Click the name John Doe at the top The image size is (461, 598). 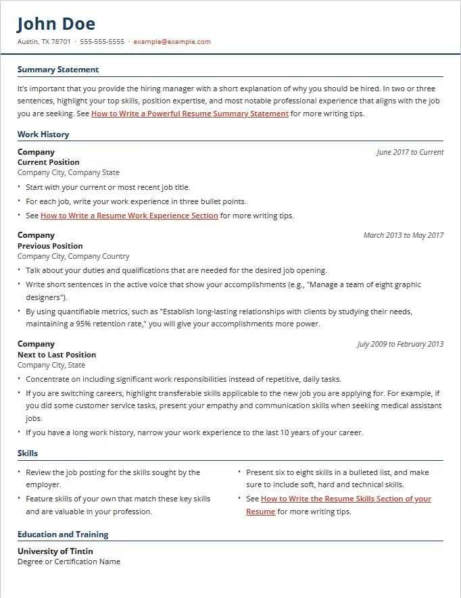pyautogui.click(x=56, y=24)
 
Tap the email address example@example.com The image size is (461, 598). pyautogui.click(x=172, y=41)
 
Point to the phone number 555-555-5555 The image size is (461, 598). pyautogui.click(x=102, y=41)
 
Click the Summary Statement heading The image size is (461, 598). pyautogui.click(x=58, y=70)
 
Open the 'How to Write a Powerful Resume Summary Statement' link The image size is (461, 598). pyautogui.click(x=190, y=114)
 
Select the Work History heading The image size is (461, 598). pyautogui.click(x=43, y=134)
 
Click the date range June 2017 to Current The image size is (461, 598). pyautogui.click(x=410, y=152)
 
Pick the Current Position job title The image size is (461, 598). pyautogui.click(x=49, y=162)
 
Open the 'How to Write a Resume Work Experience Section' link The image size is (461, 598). pyautogui.click(x=129, y=216)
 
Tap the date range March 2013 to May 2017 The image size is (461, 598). pyautogui.click(x=404, y=235)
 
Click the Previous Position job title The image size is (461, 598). pyautogui.click(x=50, y=246)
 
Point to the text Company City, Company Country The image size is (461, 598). pyautogui.click(x=73, y=256)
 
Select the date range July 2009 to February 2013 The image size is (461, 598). pyautogui.click(x=400, y=344)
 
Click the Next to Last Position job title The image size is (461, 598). pyautogui.click(x=57, y=355)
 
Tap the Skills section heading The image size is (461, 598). pyautogui.click(x=28, y=453)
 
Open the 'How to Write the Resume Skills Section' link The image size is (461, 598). pyautogui.click(x=345, y=499)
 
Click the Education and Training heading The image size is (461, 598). pyautogui.click(x=63, y=534)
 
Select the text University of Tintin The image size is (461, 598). pyautogui.click(x=55, y=551)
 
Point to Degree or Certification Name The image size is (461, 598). pyautogui.click(x=69, y=562)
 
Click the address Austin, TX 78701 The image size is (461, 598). pyautogui.click(x=44, y=41)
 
